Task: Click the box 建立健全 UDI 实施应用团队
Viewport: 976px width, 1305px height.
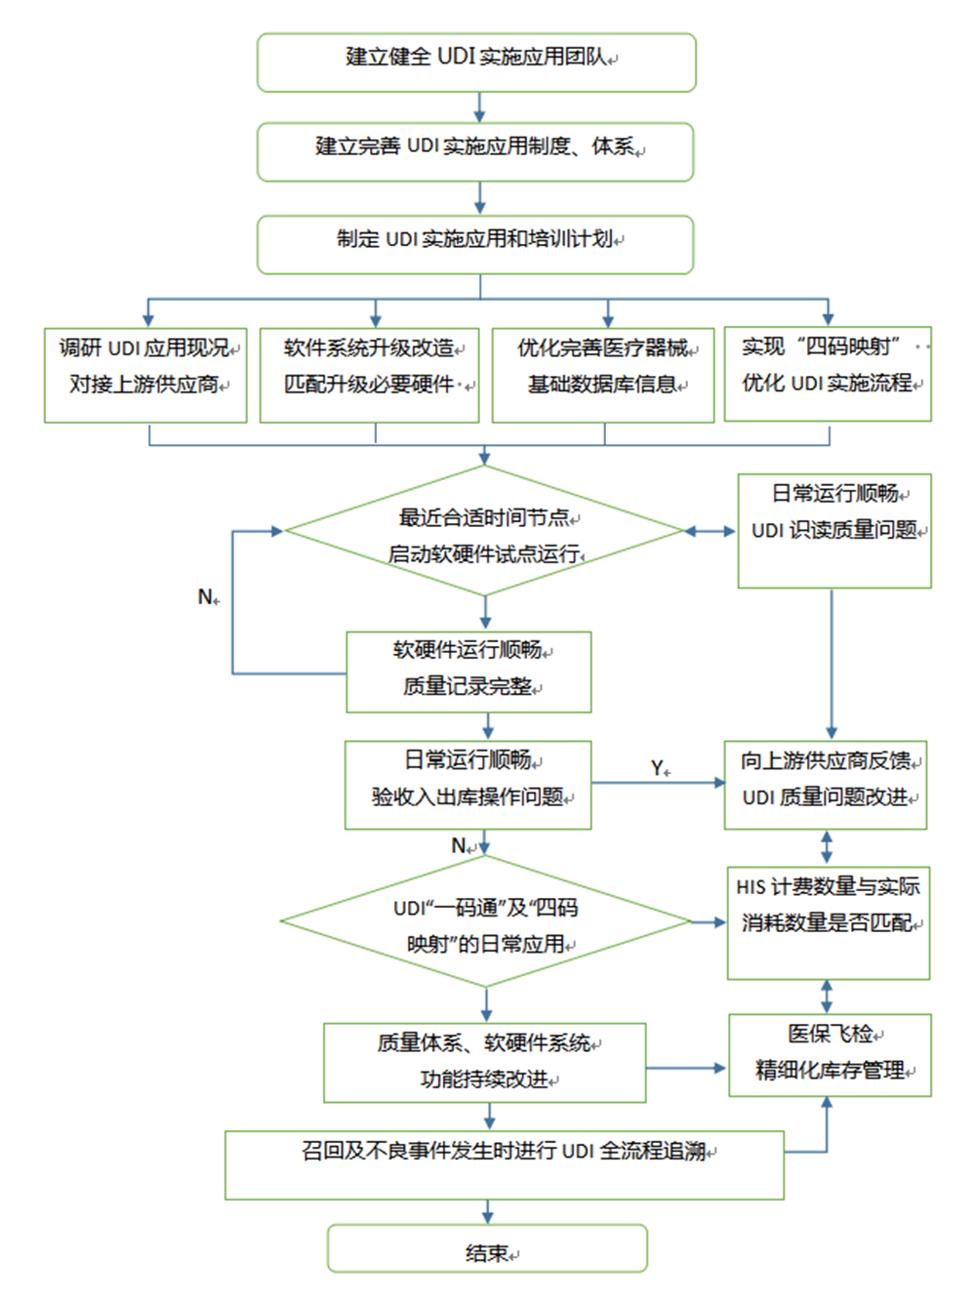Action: click(x=476, y=62)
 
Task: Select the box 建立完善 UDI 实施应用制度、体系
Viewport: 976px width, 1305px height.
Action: click(x=475, y=151)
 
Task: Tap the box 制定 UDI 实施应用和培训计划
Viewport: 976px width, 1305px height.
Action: click(x=475, y=244)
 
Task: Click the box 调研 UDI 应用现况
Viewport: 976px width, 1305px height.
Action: click(x=145, y=375)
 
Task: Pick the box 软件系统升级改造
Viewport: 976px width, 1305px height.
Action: click(x=369, y=375)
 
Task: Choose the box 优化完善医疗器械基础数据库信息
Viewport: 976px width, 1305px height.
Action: click(x=603, y=375)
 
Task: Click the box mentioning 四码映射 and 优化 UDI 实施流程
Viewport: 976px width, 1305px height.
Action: click(x=828, y=374)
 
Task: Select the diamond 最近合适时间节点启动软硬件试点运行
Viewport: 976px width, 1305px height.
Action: click(x=485, y=531)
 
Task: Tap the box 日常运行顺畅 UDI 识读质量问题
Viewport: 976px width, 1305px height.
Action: click(x=834, y=530)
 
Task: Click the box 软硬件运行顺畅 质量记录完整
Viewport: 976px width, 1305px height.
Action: click(x=468, y=672)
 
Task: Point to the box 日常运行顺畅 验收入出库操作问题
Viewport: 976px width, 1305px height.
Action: click(x=468, y=785)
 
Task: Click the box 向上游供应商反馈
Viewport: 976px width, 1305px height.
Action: click(x=826, y=785)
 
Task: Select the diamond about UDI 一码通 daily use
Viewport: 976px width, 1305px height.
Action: click(x=485, y=920)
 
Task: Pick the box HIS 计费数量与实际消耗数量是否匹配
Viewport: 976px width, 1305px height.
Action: click(x=828, y=922)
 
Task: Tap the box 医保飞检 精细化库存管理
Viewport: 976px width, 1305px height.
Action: click(x=830, y=1055)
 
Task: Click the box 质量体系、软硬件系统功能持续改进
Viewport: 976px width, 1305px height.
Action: click(x=485, y=1063)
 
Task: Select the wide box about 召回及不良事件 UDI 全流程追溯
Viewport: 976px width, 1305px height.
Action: click(x=505, y=1164)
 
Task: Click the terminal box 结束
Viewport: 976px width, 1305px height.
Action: click(x=487, y=1248)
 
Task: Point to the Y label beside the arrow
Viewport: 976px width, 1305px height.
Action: click(x=659, y=768)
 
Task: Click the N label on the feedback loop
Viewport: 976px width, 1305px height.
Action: click(x=206, y=596)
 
